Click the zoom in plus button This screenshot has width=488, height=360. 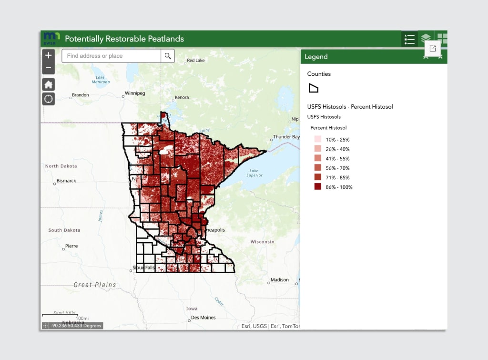[x=49, y=55]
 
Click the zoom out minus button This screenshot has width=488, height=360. [x=49, y=68]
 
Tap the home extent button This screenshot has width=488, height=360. [x=49, y=85]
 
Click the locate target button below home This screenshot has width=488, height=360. [x=49, y=99]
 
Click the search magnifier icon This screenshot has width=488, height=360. [x=168, y=56]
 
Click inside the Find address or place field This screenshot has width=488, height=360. [x=111, y=56]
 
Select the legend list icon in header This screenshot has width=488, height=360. [x=409, y=39]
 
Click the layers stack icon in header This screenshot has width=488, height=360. [x=426, y=39]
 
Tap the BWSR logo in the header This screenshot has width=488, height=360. [x=51, y=39]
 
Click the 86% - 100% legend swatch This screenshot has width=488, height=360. [x=318, y=187]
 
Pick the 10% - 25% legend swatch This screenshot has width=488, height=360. [x=318, y=139]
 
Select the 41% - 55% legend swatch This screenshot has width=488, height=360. [x=318, y=158]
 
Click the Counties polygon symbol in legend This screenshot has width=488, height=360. [x=313, y=88]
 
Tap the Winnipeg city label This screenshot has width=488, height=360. [x=134, y=93]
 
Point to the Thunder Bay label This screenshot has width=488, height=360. [x=286, y=137]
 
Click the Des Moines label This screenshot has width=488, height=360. [x=203, y=318]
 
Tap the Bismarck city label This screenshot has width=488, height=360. [x=66, y=181]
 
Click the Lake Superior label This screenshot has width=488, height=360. [x=254, y=173]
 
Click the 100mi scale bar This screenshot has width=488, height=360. [x=60, y=315]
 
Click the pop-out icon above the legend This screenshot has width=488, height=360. [x=433, y=49]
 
